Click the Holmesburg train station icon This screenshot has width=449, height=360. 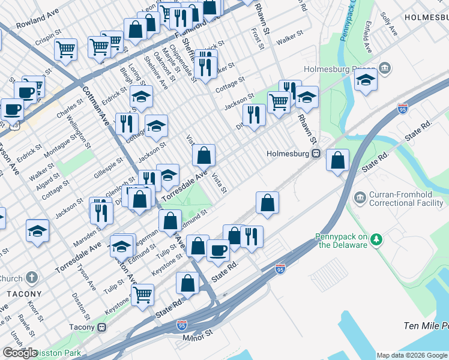315,154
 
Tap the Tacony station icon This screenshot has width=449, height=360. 101,327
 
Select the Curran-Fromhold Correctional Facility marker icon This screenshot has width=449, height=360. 360,197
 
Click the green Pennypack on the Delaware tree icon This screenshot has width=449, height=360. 376,240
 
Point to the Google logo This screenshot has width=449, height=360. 20,352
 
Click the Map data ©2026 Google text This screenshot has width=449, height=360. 412,355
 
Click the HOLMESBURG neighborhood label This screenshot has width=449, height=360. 426,18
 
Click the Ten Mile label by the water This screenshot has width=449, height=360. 426,326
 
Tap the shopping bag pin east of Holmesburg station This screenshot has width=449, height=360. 339,161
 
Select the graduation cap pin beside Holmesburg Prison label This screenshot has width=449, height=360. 366,81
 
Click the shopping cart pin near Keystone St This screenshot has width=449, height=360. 143,295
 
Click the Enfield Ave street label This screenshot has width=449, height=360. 367,38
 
